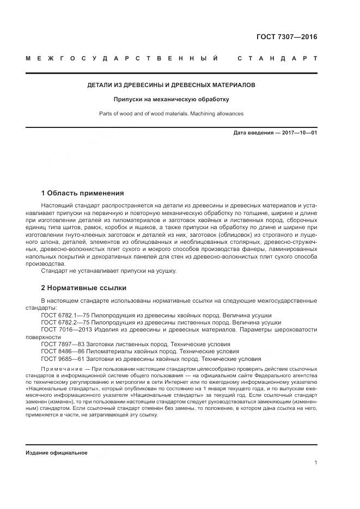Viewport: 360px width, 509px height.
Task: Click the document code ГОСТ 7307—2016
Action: (286, 37)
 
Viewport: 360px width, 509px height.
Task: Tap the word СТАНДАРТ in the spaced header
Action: (277, 58)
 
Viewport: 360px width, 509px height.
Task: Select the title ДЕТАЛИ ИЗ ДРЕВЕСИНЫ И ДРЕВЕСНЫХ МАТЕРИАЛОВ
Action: (172, 85)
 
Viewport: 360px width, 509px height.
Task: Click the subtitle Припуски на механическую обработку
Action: (172, 100)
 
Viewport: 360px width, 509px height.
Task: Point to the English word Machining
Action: (195, 114)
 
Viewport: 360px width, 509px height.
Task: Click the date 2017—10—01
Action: (298, 133)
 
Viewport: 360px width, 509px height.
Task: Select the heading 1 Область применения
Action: (83, 193)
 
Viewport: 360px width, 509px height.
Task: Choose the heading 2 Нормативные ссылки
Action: (84, 287)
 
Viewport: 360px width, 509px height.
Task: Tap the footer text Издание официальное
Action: (57, 453)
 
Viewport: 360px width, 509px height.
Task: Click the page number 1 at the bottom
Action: (316, 463)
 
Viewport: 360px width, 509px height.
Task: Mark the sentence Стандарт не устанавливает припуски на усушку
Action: (109, 271)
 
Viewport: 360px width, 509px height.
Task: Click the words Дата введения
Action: (252, 133)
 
